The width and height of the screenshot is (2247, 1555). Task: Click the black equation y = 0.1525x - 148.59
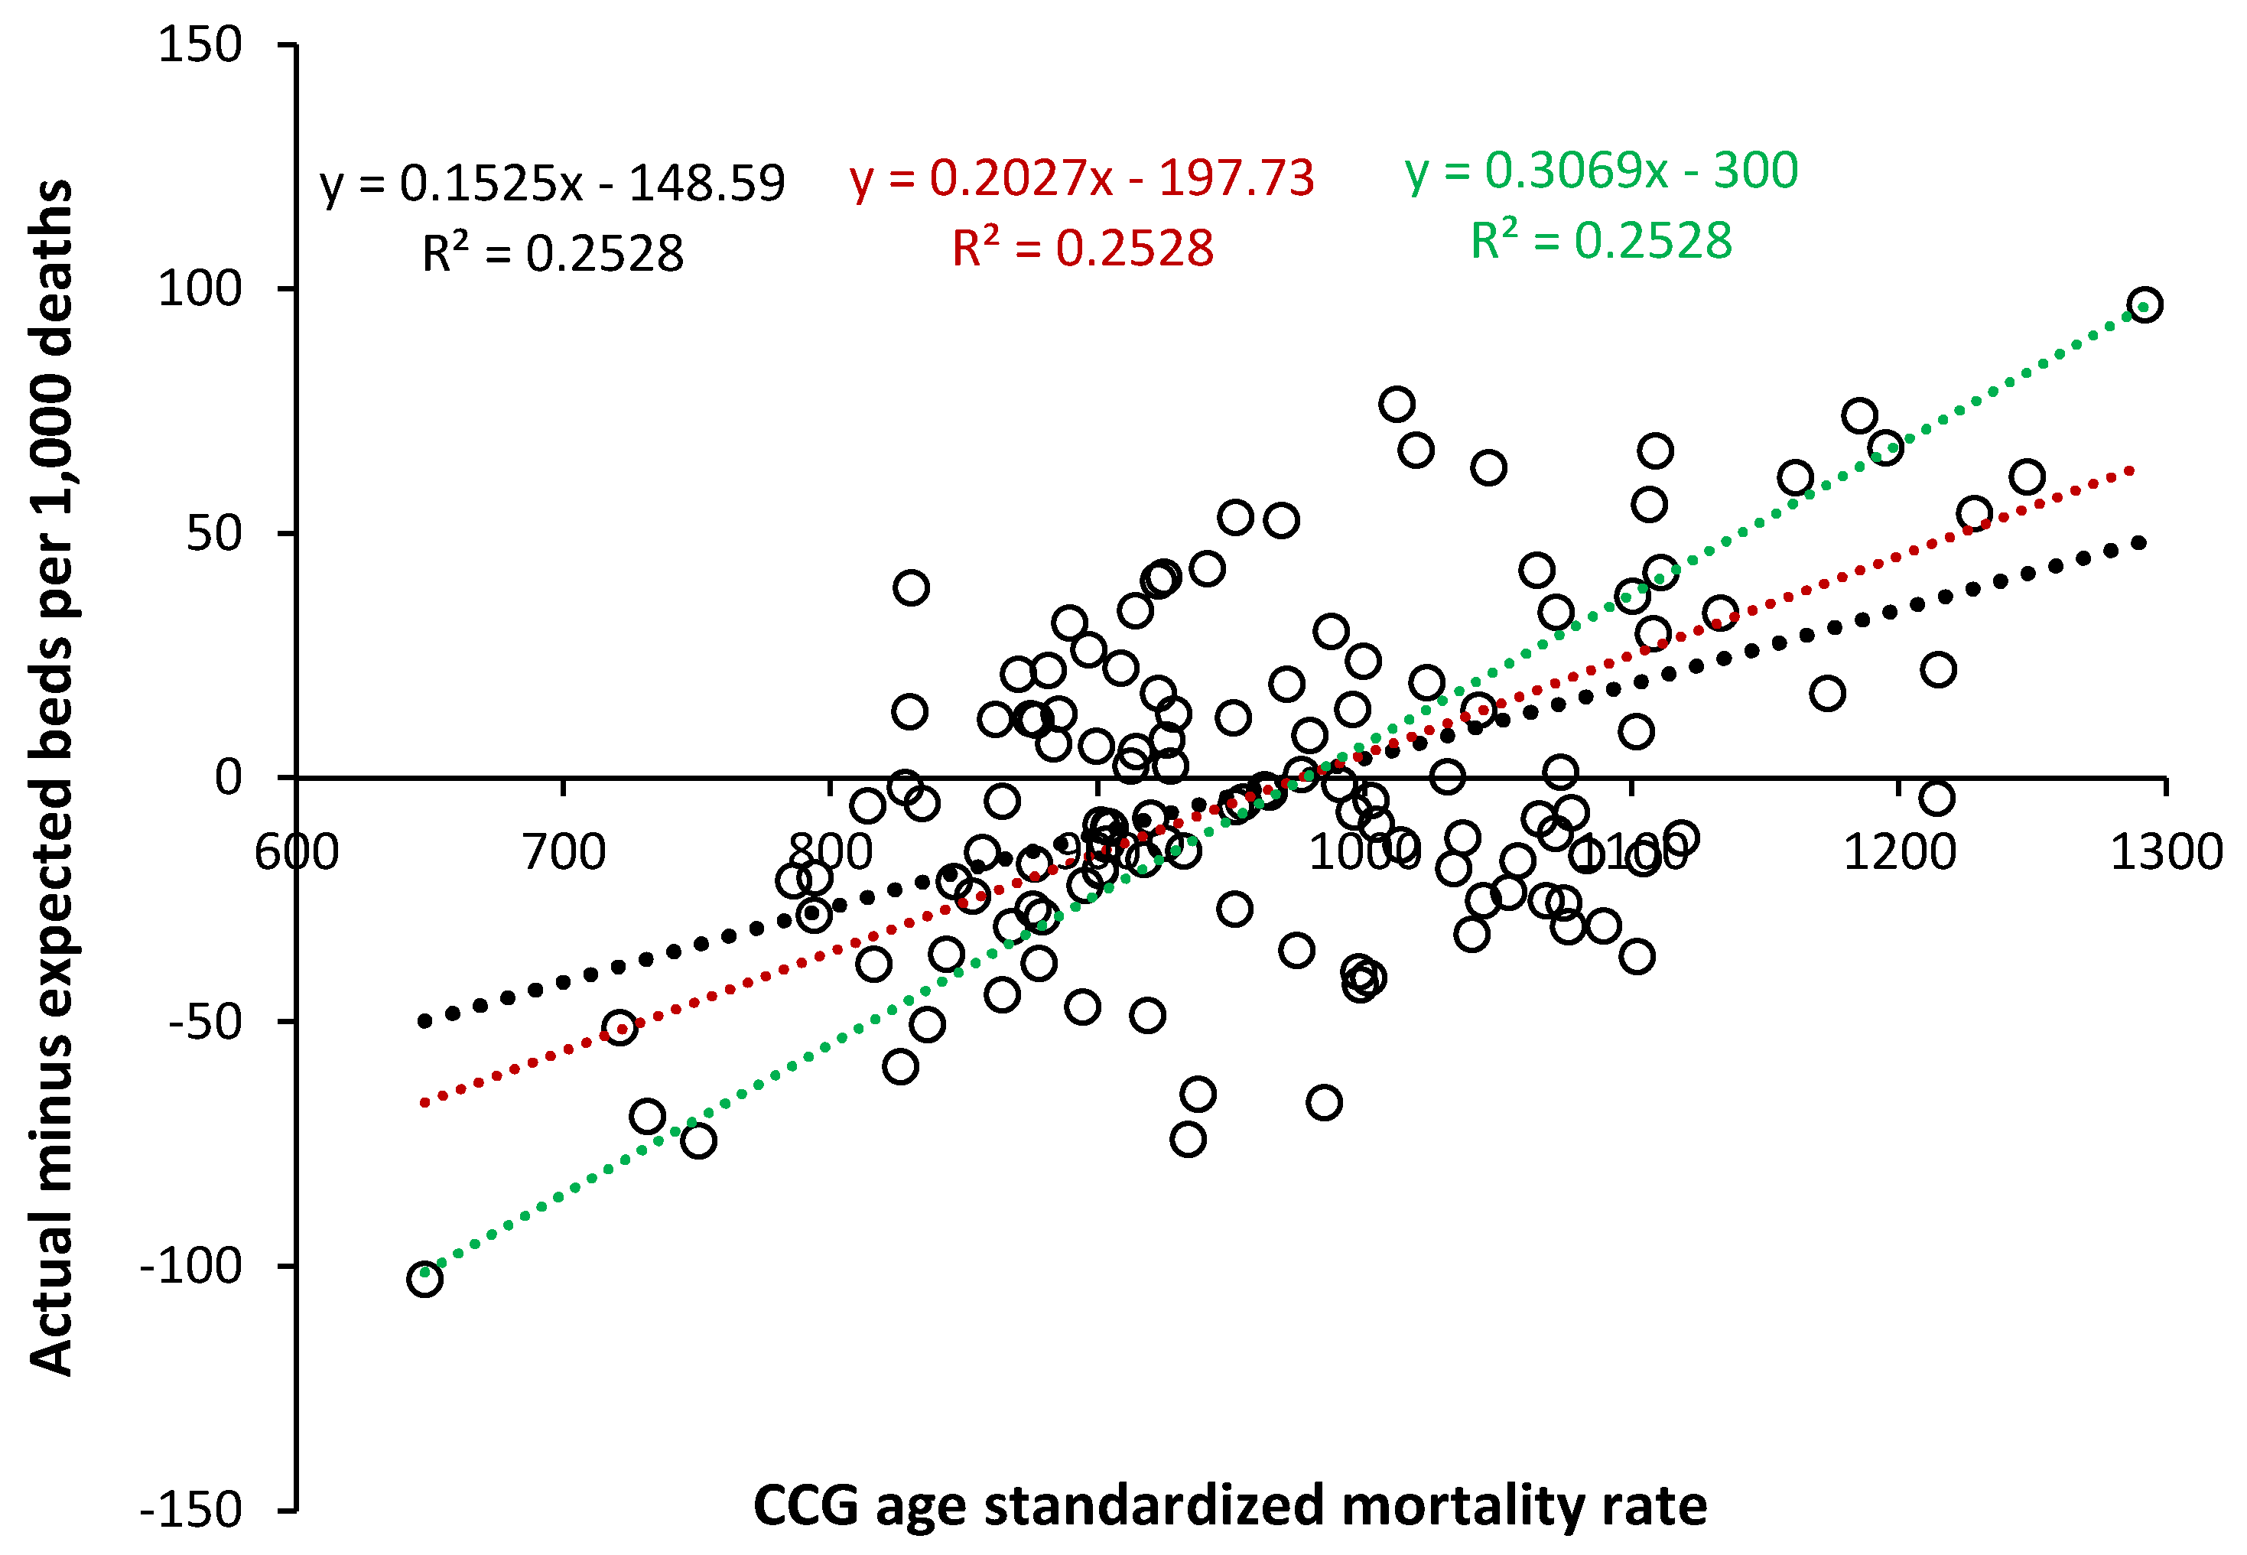(551, 183)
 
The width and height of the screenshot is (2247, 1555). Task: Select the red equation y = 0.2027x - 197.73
(1081, 177)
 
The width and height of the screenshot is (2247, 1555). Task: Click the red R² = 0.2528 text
(1082, 248)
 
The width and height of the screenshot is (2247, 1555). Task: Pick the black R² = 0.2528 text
(552, 253)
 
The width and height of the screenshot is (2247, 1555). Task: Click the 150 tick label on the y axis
(200, 45)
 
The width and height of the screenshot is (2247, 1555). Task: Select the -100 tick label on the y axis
(191, 1266)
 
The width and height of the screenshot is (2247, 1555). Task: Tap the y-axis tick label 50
(213, 534)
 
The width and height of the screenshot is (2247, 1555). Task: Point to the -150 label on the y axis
(191, 1510)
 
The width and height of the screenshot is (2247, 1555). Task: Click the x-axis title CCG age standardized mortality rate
(1229, 1505)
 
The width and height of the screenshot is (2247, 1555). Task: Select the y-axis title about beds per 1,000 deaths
(50, 776)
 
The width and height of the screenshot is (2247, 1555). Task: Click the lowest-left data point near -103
(424, 1277)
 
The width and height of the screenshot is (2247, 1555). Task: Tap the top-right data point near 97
(2145, 305)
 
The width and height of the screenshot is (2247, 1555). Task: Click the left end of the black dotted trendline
(424, 1021)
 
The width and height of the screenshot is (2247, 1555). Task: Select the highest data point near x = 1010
(1397, 403)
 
